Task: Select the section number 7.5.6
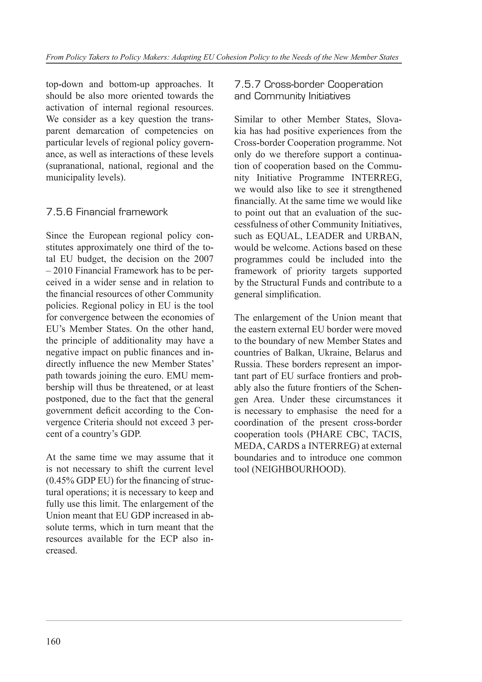pyautogui.click(x=59, y=212)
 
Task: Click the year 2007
pyautogui.click(x=204, y=259)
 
